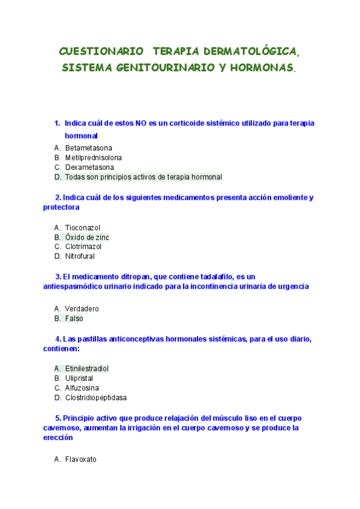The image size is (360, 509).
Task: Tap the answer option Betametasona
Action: pyautogui.click(x=89, y=148)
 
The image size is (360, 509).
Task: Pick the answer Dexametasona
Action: pyautogui.click(x=89, y=167)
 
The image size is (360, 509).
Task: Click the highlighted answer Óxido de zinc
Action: pyautogui.click(x=87, y=237)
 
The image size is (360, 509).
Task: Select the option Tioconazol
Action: pyautogui.click(x=83, y=227)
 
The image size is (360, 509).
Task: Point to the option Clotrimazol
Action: pyautogui.click(x=83, y=247)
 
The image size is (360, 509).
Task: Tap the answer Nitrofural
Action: pyautogui.click(x=80, y=256)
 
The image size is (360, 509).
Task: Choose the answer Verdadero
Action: pyautogui.click(x=82, y=309)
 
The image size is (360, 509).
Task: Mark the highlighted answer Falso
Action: pyautogui.click(x=74, y=319)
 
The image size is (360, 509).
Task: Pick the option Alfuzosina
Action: pyautogui.click(x=82, y=388)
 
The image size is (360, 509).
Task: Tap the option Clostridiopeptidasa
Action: pyautogui.click(x=96, y=397)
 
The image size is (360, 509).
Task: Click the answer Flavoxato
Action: pyautogui.click(x=80, y=459)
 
